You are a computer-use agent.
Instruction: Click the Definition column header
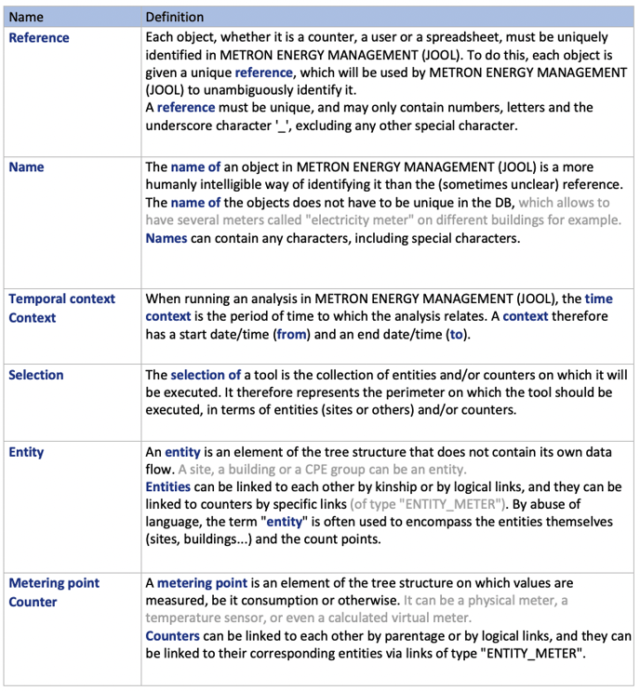click(175, 17)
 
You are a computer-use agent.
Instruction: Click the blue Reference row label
click(38, 37)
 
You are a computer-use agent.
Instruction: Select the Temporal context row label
click(61, 299)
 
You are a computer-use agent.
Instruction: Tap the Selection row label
click(35, 375)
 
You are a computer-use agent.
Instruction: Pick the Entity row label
click(25, 452)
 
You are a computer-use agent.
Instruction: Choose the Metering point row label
click(54, 582)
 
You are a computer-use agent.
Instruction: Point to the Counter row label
click(33, 602)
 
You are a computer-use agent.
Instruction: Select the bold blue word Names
click(167, 238)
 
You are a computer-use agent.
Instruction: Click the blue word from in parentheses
click(292, 335)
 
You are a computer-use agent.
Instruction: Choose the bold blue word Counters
click(172, 636)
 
